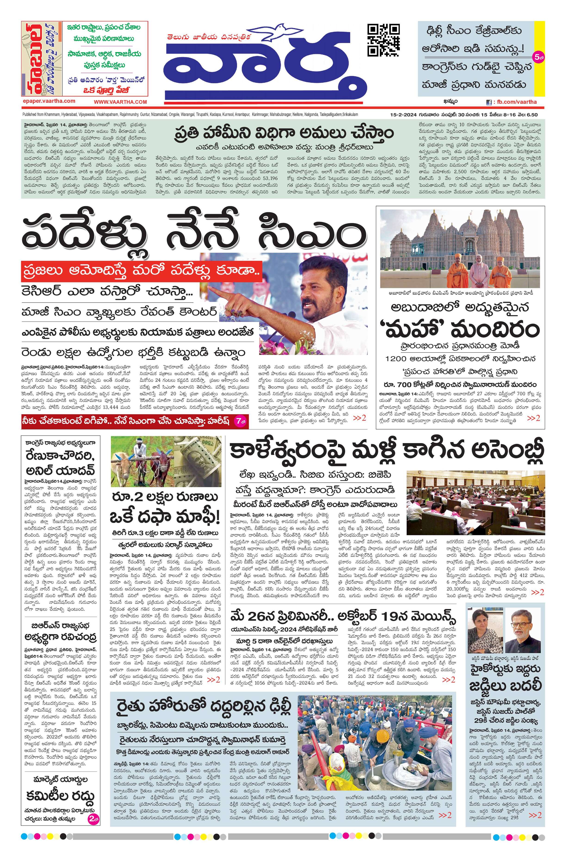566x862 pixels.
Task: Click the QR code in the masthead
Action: click(x=383, y=40)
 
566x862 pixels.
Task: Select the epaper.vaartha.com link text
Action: click(x=49, y=101)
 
